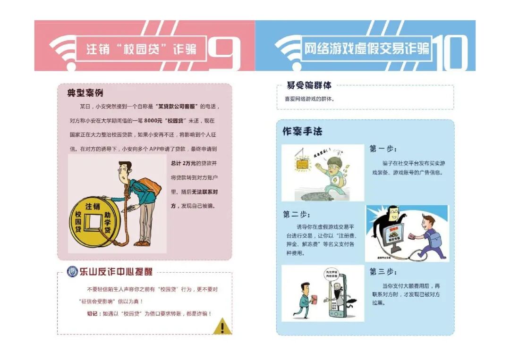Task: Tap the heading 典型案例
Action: (x=85, y=93)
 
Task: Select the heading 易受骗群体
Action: (x=309, y=85)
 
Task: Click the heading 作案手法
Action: (x=302, y=132)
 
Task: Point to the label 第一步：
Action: (x=383, y=149)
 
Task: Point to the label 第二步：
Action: (x=297, y=214)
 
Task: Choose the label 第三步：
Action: (x=383, y=272)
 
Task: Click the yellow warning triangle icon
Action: (x=222, y=326)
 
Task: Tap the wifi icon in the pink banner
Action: (x=62, y=48)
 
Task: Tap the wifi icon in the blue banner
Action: (x=288, y=48)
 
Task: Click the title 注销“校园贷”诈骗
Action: (x=141, y=49)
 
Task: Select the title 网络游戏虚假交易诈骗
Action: (x=366, y=49)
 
